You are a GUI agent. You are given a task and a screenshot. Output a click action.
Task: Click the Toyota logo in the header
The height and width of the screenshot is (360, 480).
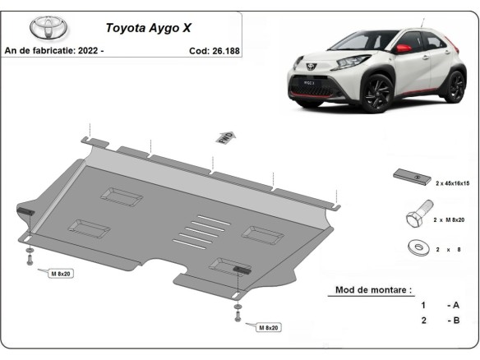click(50, 27)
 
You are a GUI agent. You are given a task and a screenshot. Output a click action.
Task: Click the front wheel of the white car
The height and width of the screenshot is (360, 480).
click(377, 93)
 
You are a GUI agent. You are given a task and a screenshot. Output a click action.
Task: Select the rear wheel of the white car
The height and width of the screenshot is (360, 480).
click(455, 85)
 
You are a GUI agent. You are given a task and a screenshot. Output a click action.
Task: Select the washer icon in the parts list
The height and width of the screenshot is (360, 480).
click(414, 246)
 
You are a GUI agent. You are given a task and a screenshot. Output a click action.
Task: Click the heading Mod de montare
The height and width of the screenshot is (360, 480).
click(373, 290)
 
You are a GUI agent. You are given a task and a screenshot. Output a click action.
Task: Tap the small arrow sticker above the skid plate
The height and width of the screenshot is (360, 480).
click(224, 137)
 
